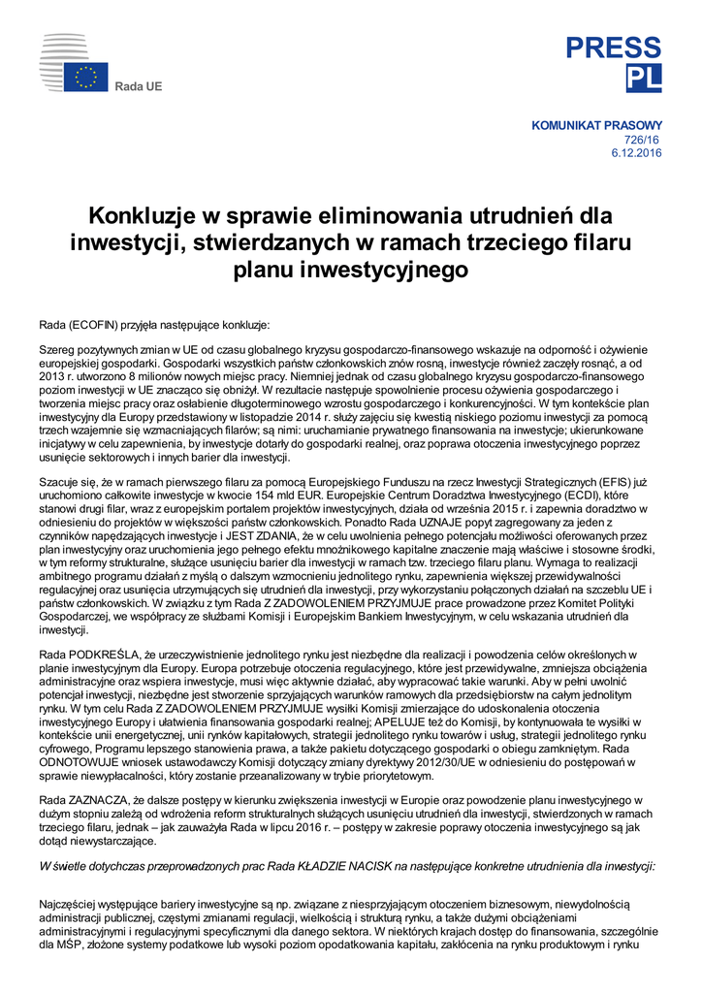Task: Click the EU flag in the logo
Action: pyautogui.click(x=86, y=77)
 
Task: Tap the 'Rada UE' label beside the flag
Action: pyautogui.click(x=139, y=86)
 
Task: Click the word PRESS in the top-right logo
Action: pyautogui.click(x=614, y=48)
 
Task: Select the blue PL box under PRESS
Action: pyautogui.click(x=644, y=77)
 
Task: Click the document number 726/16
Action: pyautogui.click(x=647, y=140)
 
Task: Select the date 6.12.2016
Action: pyautogui.click(x=636, y=153)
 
